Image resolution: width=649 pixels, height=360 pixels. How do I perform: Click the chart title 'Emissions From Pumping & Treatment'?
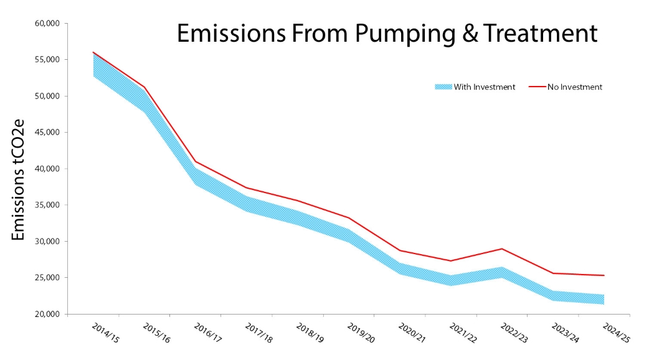387,34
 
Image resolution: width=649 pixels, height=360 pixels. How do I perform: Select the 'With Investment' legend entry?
475,87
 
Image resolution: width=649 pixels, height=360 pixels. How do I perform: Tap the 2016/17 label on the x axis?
206,331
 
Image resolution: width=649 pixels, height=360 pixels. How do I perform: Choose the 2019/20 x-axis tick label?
359,331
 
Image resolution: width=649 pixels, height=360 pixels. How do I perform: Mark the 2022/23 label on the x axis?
513,331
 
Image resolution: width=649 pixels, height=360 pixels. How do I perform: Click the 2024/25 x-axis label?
615,331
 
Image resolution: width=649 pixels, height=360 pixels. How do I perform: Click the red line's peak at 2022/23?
501,249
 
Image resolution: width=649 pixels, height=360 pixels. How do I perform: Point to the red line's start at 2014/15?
93,52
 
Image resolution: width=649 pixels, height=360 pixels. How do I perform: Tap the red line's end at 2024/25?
604,275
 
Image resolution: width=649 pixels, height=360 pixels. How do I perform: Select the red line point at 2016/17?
196,161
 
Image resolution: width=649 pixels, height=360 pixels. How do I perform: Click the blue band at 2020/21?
399,268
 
